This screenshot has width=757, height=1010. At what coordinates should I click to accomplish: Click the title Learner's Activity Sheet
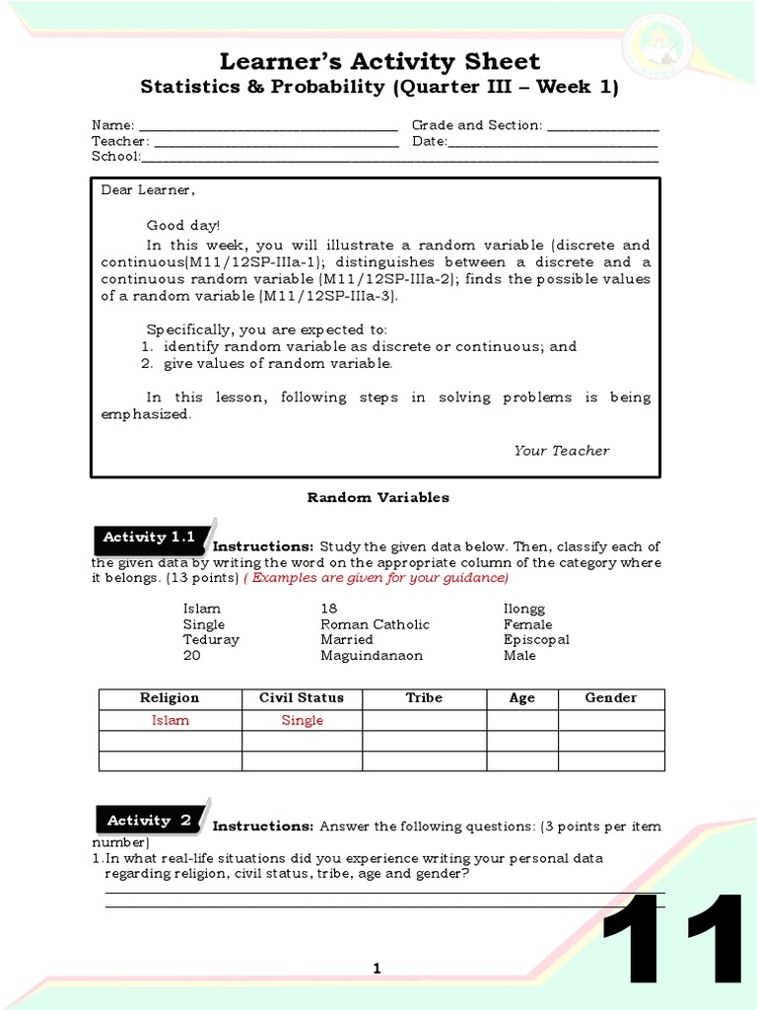point(379,61)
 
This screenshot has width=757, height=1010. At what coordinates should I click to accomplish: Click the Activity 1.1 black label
point(150,538)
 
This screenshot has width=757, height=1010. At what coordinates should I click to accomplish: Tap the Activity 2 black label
point(150,820)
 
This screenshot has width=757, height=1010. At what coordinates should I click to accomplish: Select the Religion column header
point(170,698)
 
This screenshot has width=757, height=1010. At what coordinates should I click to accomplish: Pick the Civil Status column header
point(302,698)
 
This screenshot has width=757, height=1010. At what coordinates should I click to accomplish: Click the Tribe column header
point(424,698)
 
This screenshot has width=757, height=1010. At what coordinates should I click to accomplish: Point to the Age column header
point(522,698)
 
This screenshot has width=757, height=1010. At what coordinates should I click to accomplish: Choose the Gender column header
point(611,698)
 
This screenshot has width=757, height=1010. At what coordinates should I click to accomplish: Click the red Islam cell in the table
point(170,721)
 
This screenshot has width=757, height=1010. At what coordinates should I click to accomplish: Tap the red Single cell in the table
point(302,721)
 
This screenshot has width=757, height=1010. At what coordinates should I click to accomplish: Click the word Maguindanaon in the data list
point(372,656)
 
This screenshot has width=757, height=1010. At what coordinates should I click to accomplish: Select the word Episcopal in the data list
point(536,640)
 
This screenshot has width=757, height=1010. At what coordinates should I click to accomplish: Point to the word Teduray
point(211,640)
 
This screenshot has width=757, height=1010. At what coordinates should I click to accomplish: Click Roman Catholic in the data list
point(375,624)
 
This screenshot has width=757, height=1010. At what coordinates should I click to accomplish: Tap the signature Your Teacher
point(561,451)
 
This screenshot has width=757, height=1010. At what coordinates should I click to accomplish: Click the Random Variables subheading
point(378,498)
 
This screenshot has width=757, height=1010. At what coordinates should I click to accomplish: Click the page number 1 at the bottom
point(377,970)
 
